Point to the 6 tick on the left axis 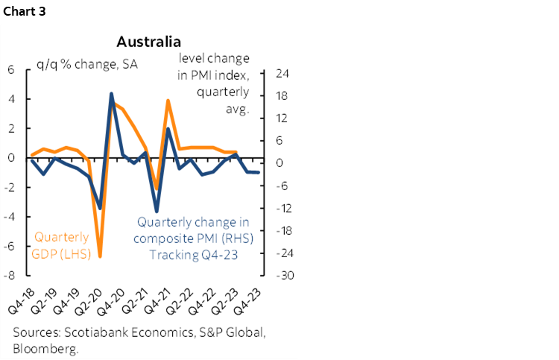click(11, 69)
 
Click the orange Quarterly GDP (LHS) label click(61, 245)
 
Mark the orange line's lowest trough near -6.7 click(100, 256)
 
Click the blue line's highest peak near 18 click(111, 94)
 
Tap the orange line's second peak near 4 click(168, 101)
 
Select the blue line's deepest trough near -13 click(157, 211)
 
